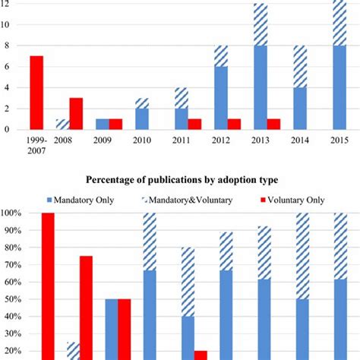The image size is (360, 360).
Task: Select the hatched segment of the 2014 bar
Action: tap(300, 66)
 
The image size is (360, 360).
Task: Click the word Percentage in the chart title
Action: tap(117, 180)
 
